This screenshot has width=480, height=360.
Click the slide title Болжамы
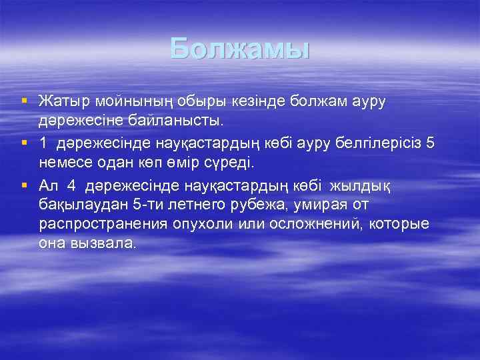tap(240, 49)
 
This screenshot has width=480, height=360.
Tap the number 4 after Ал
tap(71, 183)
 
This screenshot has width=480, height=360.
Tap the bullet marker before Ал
tap(25, 183)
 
